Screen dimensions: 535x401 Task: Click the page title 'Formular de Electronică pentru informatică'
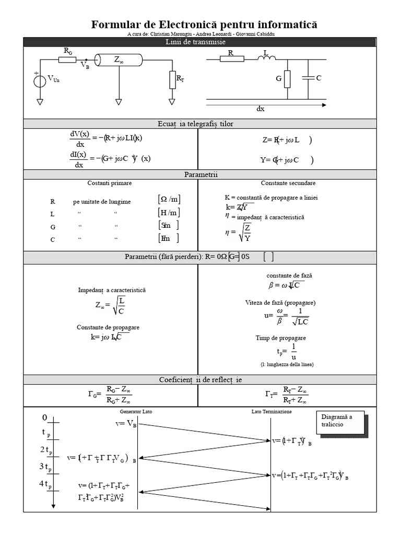(204, 25)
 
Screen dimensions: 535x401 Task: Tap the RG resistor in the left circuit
(67, 60)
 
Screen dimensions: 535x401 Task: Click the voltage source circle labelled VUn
(40, 81)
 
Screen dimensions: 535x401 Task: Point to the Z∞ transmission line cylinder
(119, 61)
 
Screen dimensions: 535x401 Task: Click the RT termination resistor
(172, 80)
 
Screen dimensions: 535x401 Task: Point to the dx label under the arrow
(261, 109)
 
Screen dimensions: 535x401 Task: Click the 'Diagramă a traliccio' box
(339, 421)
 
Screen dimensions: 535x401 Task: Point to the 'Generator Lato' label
(136, 412)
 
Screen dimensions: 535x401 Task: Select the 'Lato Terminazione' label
(272, 412)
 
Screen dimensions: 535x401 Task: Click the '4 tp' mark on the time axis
(45, 484)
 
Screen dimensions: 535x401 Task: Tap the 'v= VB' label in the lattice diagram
(126, 424)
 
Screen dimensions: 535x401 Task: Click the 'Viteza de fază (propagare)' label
(280, 303)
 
